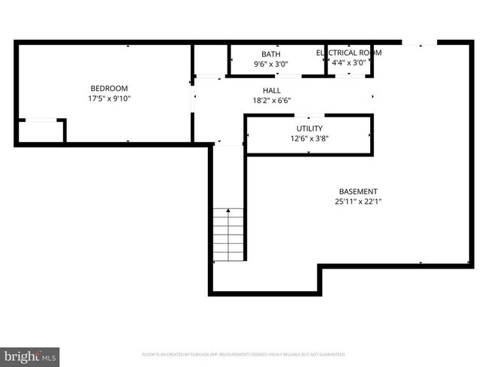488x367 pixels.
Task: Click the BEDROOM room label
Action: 109,88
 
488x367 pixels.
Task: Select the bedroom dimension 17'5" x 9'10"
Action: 109,98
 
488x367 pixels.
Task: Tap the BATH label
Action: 270,54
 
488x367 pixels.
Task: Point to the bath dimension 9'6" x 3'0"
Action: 270,64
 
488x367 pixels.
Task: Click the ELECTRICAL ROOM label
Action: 349,53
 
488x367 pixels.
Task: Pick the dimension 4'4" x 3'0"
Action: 349,63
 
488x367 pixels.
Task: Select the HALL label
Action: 271,90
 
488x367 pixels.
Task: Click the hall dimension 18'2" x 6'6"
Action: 271,100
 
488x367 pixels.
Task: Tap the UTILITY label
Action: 309,129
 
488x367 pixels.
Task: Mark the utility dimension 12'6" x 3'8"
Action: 309,138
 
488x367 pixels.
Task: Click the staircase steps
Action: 228,234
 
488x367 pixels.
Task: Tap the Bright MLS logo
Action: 30,354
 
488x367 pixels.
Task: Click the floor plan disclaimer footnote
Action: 244,353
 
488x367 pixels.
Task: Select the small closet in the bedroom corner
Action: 41,131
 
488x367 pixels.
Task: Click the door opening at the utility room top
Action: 309,116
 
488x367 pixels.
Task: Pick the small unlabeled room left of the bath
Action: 210,60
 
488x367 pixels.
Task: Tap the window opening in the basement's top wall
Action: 419,44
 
